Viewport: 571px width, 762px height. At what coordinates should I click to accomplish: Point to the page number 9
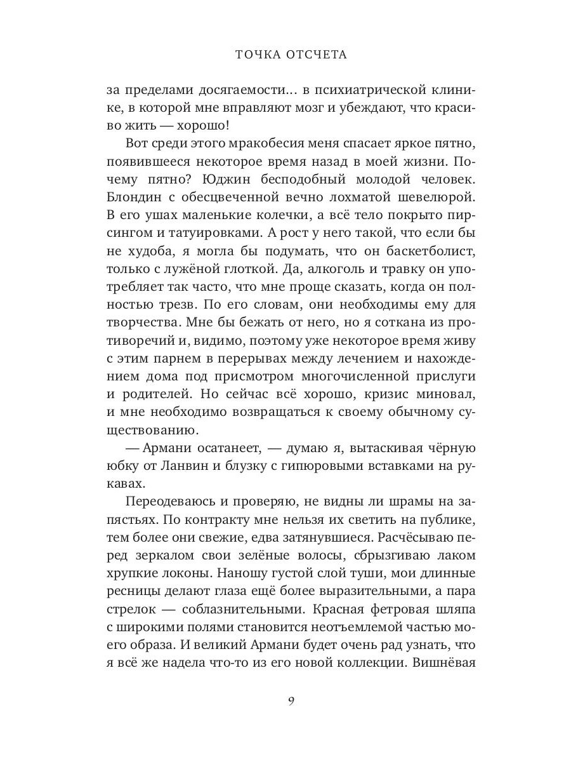291,701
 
